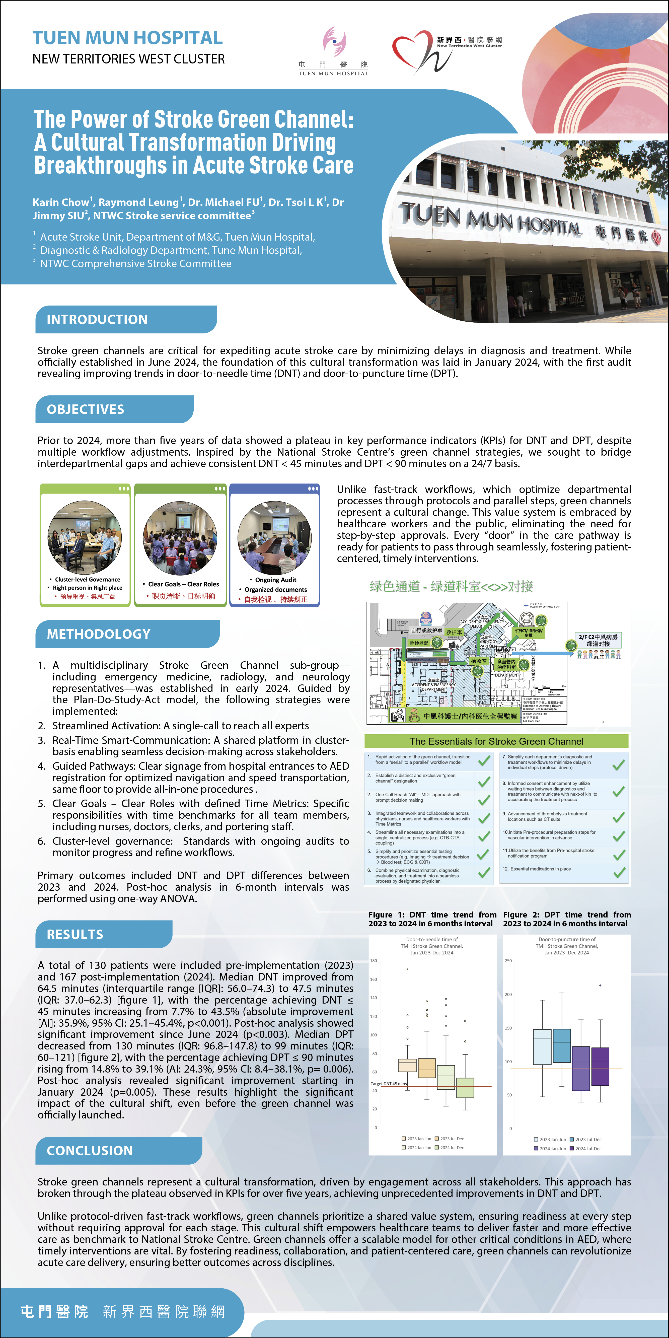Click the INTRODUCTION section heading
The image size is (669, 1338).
click(x=97, y=319)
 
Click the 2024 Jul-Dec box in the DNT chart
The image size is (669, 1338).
click(x=465, y=1088)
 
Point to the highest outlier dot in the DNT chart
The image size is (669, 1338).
click(x=408, y=969)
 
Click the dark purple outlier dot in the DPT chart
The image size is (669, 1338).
click(x=601, y=985)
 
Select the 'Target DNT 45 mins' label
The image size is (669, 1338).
click(x=389, y=1084)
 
